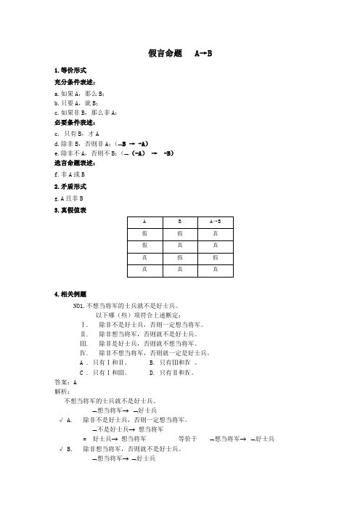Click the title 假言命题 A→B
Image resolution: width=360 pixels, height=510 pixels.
(x=179, y=54)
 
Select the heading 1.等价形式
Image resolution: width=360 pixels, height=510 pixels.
(x=71, y=71)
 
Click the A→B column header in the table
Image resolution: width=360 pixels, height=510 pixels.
(x=215, y=222)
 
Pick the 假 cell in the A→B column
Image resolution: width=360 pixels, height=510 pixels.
(x=215, y=259)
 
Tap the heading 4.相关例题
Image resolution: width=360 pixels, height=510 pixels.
(x=71, y=294)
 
